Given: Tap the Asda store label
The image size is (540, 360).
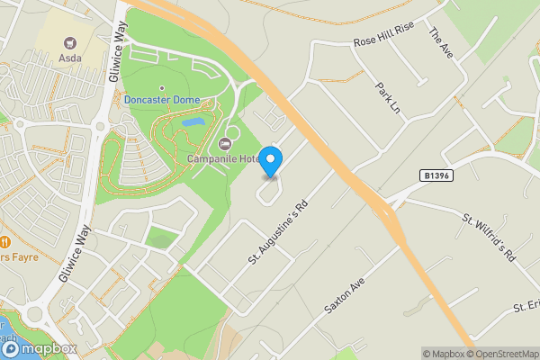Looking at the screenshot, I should [x=70, y=58].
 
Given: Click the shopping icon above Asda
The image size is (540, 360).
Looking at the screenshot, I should [x=70, y=42].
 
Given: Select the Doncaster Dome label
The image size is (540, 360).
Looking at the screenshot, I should [x=162, y=100].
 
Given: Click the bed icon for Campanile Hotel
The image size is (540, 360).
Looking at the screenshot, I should [x=225, y=144].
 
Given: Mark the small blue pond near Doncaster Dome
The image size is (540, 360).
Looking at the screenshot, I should [x=193, y=121].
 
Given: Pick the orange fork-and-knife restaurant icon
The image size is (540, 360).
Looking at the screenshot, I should [x=5, y=241].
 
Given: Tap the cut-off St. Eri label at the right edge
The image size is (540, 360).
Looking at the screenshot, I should [x=525, y=308].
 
